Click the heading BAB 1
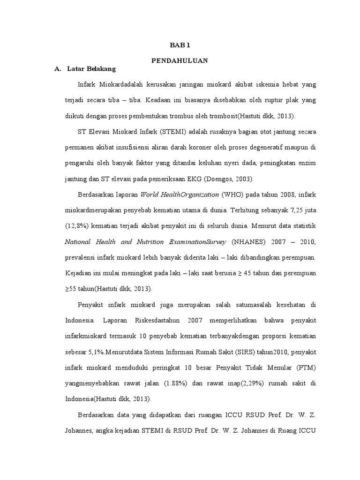click(180, 45)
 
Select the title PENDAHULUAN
click(180, 61)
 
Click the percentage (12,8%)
click(75, 226)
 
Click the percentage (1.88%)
click(175, 383)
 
